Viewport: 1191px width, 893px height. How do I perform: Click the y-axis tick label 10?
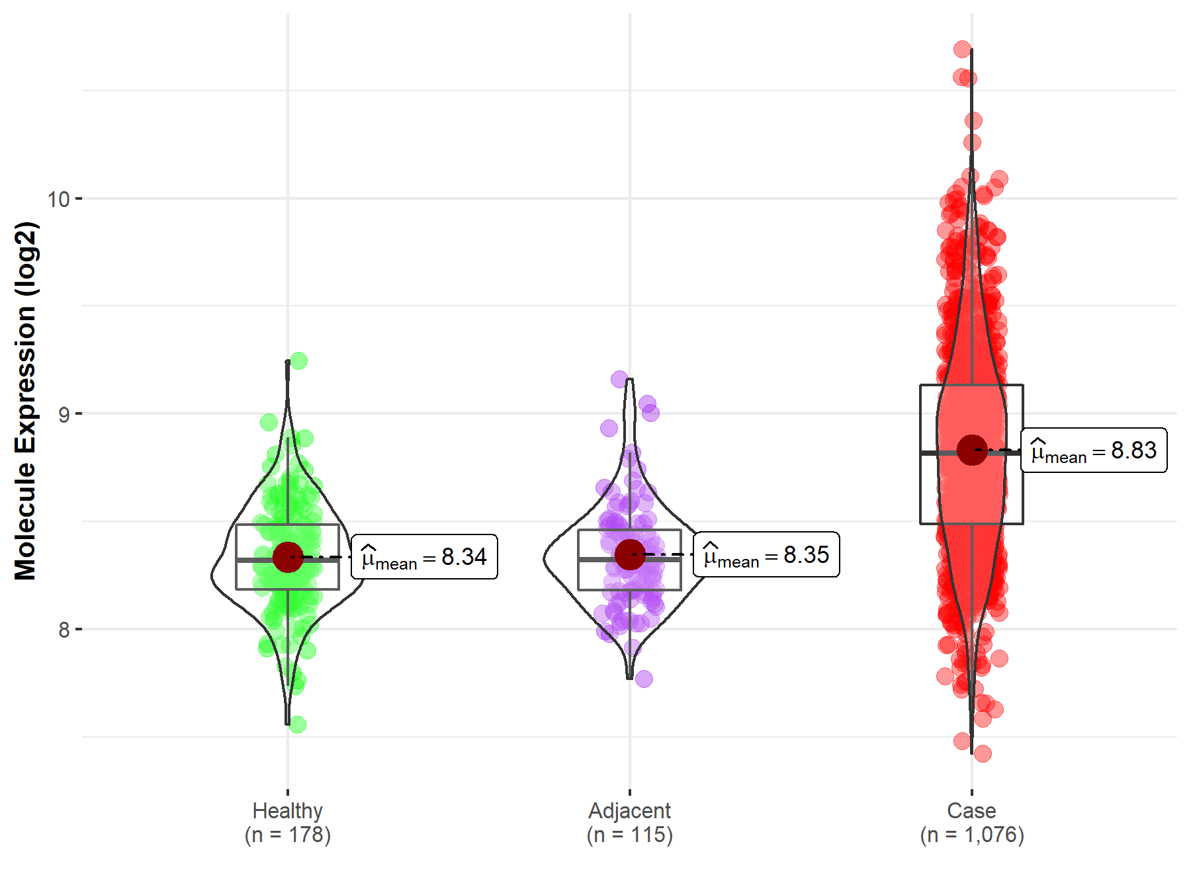[x=58, y=198]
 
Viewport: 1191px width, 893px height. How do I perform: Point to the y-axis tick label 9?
[x=64, y=414]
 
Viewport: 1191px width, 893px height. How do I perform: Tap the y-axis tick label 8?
[x=64, y=630]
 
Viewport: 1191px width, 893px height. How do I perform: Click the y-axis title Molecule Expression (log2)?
[x=25, y=401]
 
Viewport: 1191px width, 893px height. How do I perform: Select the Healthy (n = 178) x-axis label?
[x=288, y=822]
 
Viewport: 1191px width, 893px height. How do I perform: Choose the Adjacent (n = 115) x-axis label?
[x=630, y=822]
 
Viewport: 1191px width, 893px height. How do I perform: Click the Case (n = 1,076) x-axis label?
[x=972, y=822]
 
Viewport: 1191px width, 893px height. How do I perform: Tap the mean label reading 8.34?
[x=424, y=557]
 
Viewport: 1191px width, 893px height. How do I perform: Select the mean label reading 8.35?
[x=766, y=554]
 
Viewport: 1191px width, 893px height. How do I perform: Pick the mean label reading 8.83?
[x=1094, y=450]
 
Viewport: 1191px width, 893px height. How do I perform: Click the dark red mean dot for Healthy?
[x=288, y=557]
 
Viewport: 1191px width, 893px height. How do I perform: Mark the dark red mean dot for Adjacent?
[x=630, y=554]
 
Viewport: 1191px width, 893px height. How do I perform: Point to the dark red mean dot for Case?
[x=972, y=450]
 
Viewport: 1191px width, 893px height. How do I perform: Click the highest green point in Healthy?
[x=298, y=361]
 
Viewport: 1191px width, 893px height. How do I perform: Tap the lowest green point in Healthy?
[x=297, y=724]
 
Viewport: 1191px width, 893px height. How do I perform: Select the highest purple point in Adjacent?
[x=620, y=379]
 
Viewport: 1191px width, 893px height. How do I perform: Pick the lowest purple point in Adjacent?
[x=644, y=678]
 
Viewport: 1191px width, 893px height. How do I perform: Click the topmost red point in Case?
[x=963, y=49]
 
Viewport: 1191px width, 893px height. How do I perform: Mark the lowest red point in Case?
[x=983, y=753]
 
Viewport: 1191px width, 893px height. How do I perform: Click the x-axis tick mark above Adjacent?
[x=630, y=792]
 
